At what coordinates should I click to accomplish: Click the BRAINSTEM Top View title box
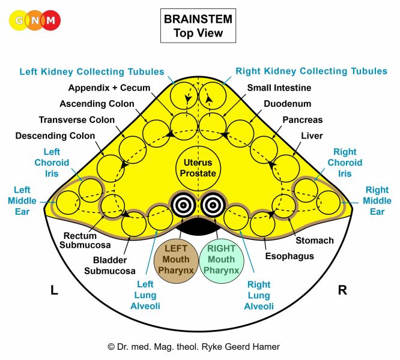198,26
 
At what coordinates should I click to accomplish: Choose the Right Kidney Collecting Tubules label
311,71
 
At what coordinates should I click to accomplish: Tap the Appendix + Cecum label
100,88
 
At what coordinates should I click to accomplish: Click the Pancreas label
302,120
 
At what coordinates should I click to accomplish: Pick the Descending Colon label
55,136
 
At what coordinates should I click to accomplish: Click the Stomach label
314,241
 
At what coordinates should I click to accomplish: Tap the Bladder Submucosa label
114,265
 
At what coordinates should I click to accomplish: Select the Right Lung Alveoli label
259,295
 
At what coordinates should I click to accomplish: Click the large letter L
54,291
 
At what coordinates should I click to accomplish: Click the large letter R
342,291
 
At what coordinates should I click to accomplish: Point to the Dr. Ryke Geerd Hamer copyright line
193,347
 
